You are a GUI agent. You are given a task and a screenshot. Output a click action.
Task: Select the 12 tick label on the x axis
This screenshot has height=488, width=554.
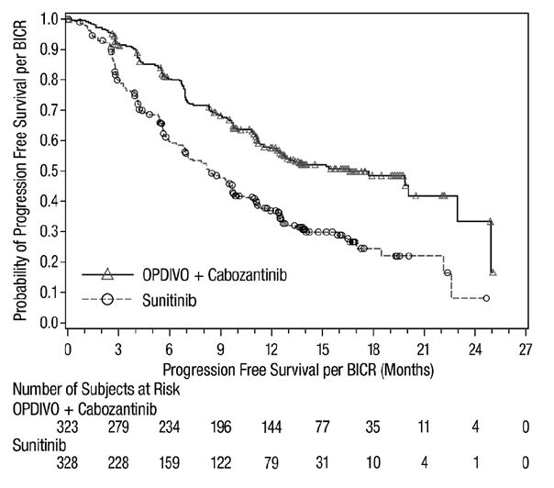271,349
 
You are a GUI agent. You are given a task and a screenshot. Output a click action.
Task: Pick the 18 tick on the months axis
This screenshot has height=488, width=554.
373,349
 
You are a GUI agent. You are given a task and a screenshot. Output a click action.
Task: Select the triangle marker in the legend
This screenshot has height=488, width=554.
106,273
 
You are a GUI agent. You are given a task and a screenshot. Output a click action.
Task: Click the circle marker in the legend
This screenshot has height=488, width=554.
106,298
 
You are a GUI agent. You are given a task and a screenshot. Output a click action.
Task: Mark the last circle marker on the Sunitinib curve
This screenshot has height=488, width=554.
486,298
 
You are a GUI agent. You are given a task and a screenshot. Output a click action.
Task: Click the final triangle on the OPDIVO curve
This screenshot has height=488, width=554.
493,272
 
